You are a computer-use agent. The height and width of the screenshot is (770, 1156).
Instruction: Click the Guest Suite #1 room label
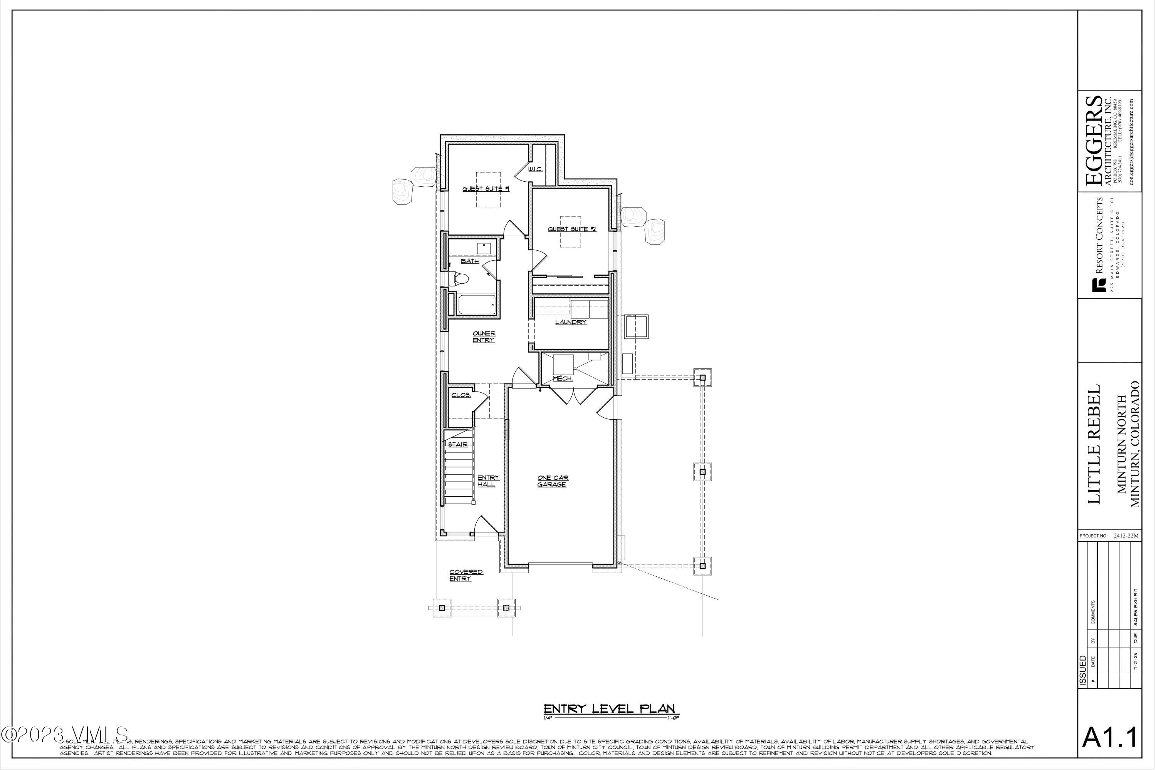click(x=486, y=189)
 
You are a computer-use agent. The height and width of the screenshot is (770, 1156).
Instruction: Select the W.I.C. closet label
click(x=535, y=169)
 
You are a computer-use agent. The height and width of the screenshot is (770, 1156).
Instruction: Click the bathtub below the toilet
click(x=476, y=305)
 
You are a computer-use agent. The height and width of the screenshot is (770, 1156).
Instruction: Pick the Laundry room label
click(x=571, y=322)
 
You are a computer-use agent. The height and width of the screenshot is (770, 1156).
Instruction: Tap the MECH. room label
click(x=562, y=378)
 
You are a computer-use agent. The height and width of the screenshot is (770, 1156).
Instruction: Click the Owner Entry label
click(x=484, y=337)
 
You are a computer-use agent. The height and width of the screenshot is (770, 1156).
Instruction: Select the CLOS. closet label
click(x=461, y=395)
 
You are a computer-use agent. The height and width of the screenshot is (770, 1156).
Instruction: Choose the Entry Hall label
click(x=488, y=481)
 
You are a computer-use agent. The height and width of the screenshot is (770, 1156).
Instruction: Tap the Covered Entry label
click(x=465, y=576)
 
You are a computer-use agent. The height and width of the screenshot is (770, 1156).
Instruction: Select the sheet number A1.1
click(x=1109, y=738)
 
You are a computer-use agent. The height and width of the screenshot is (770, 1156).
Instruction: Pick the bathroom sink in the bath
click(x=484, y=248)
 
